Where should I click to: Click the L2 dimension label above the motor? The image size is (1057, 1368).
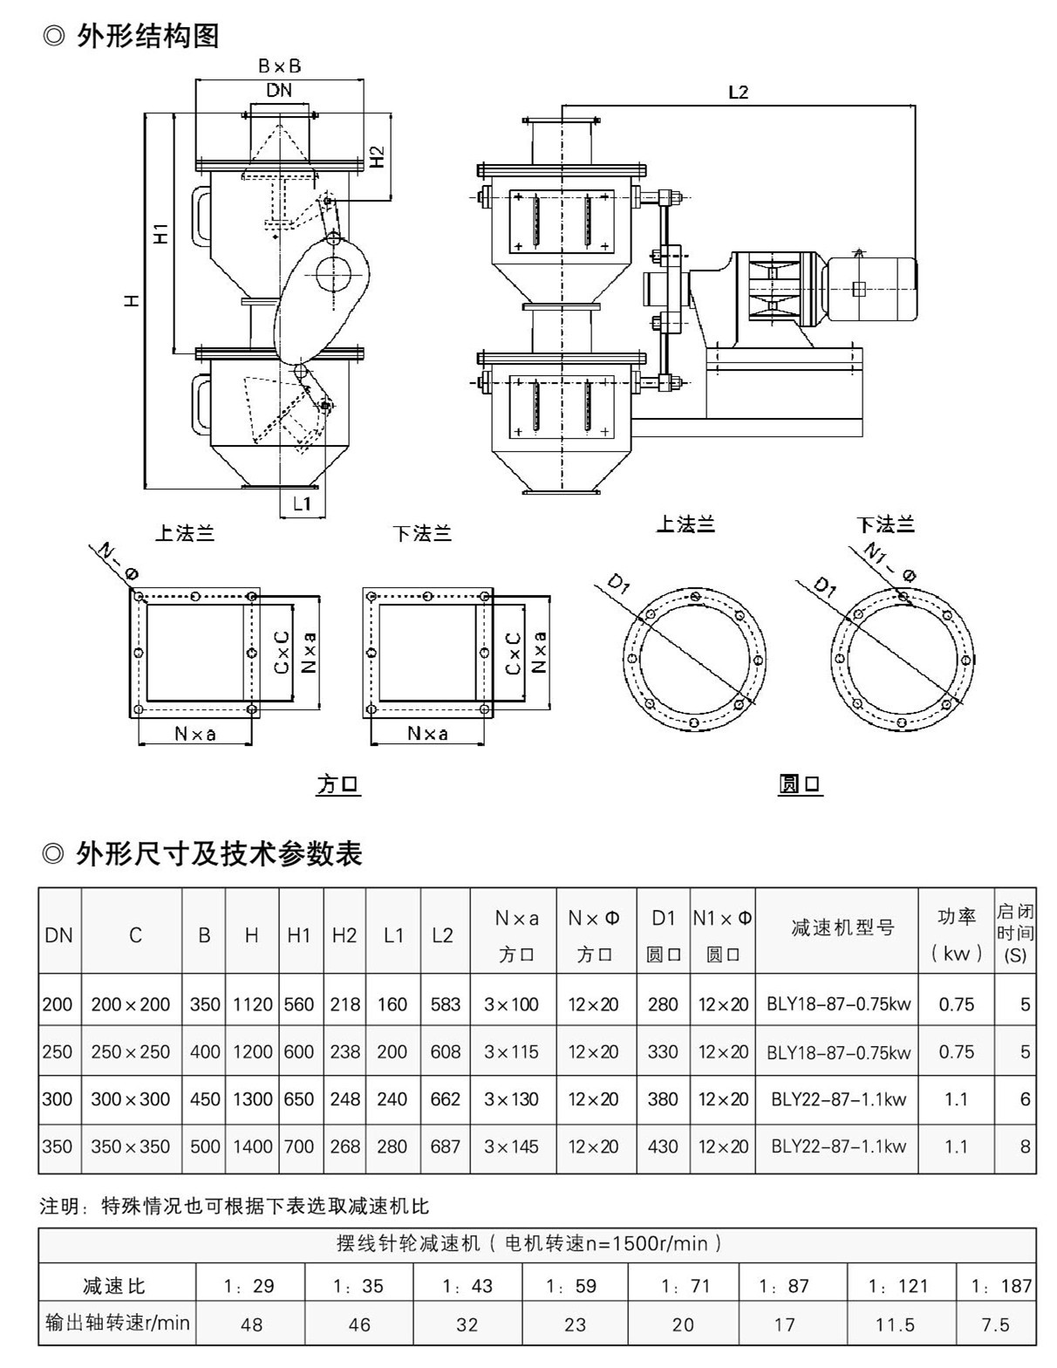coord(738,92)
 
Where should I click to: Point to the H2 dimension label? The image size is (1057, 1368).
coord(377,156)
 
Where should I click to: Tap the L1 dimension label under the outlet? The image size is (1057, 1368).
coord(303,503)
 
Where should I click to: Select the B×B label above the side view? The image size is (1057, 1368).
coord(279,66)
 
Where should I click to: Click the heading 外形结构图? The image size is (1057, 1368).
coord(147,36)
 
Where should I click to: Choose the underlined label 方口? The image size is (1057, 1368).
coord(338,784)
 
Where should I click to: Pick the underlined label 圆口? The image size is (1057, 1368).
coord(801,784)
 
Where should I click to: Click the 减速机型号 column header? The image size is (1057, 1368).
coord(842,927)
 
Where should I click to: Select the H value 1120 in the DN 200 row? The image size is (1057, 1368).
coord(252,1004)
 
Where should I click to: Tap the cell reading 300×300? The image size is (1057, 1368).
coord(131,1099)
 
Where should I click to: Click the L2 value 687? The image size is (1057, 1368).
coord(445,1146)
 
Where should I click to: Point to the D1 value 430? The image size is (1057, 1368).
coord(663,1146)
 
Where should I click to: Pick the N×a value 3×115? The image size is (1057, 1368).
coord(512,1052)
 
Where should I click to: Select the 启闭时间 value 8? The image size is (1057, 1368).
coord(1025,1146)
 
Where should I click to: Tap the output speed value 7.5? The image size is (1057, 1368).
coord(995,1325)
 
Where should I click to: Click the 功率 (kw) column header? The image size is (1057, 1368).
coord(956,934)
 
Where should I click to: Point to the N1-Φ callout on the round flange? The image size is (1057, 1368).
coord(890,563)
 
